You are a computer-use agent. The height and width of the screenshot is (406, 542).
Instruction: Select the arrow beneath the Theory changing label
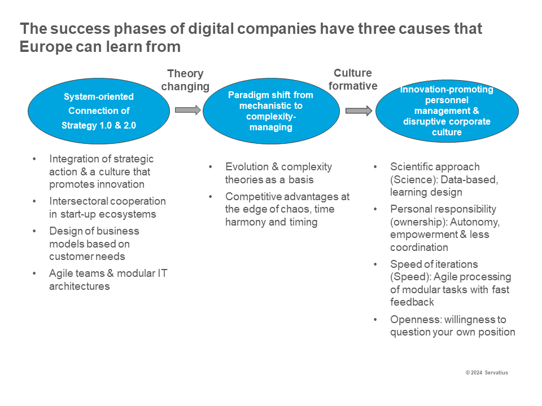point(187,110)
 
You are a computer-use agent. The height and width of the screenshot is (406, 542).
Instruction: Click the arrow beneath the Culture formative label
point(359,111)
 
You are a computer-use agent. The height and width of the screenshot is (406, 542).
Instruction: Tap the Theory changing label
point(185,80)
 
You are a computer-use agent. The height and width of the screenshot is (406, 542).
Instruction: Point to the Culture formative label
point(353,80)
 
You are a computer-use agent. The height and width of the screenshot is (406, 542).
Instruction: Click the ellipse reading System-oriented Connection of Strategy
point(99,111)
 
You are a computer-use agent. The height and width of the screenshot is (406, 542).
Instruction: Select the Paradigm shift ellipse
point(271,111)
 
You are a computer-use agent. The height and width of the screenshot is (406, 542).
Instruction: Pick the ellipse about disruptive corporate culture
point(447,111)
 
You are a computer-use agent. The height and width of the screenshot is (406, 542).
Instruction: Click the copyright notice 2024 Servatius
point(487,373)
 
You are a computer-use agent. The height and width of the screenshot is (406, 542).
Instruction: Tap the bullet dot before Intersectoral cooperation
point(34,201)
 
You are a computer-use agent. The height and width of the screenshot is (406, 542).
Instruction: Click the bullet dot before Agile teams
point(34,273)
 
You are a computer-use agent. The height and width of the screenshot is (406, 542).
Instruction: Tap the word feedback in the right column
point(412,302)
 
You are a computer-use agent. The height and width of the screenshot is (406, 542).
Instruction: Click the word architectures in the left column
point(80,286)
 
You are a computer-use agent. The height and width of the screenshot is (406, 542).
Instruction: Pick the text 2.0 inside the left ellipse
point(130,125)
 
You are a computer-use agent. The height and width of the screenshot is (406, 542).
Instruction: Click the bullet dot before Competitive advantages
point(211,197)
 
